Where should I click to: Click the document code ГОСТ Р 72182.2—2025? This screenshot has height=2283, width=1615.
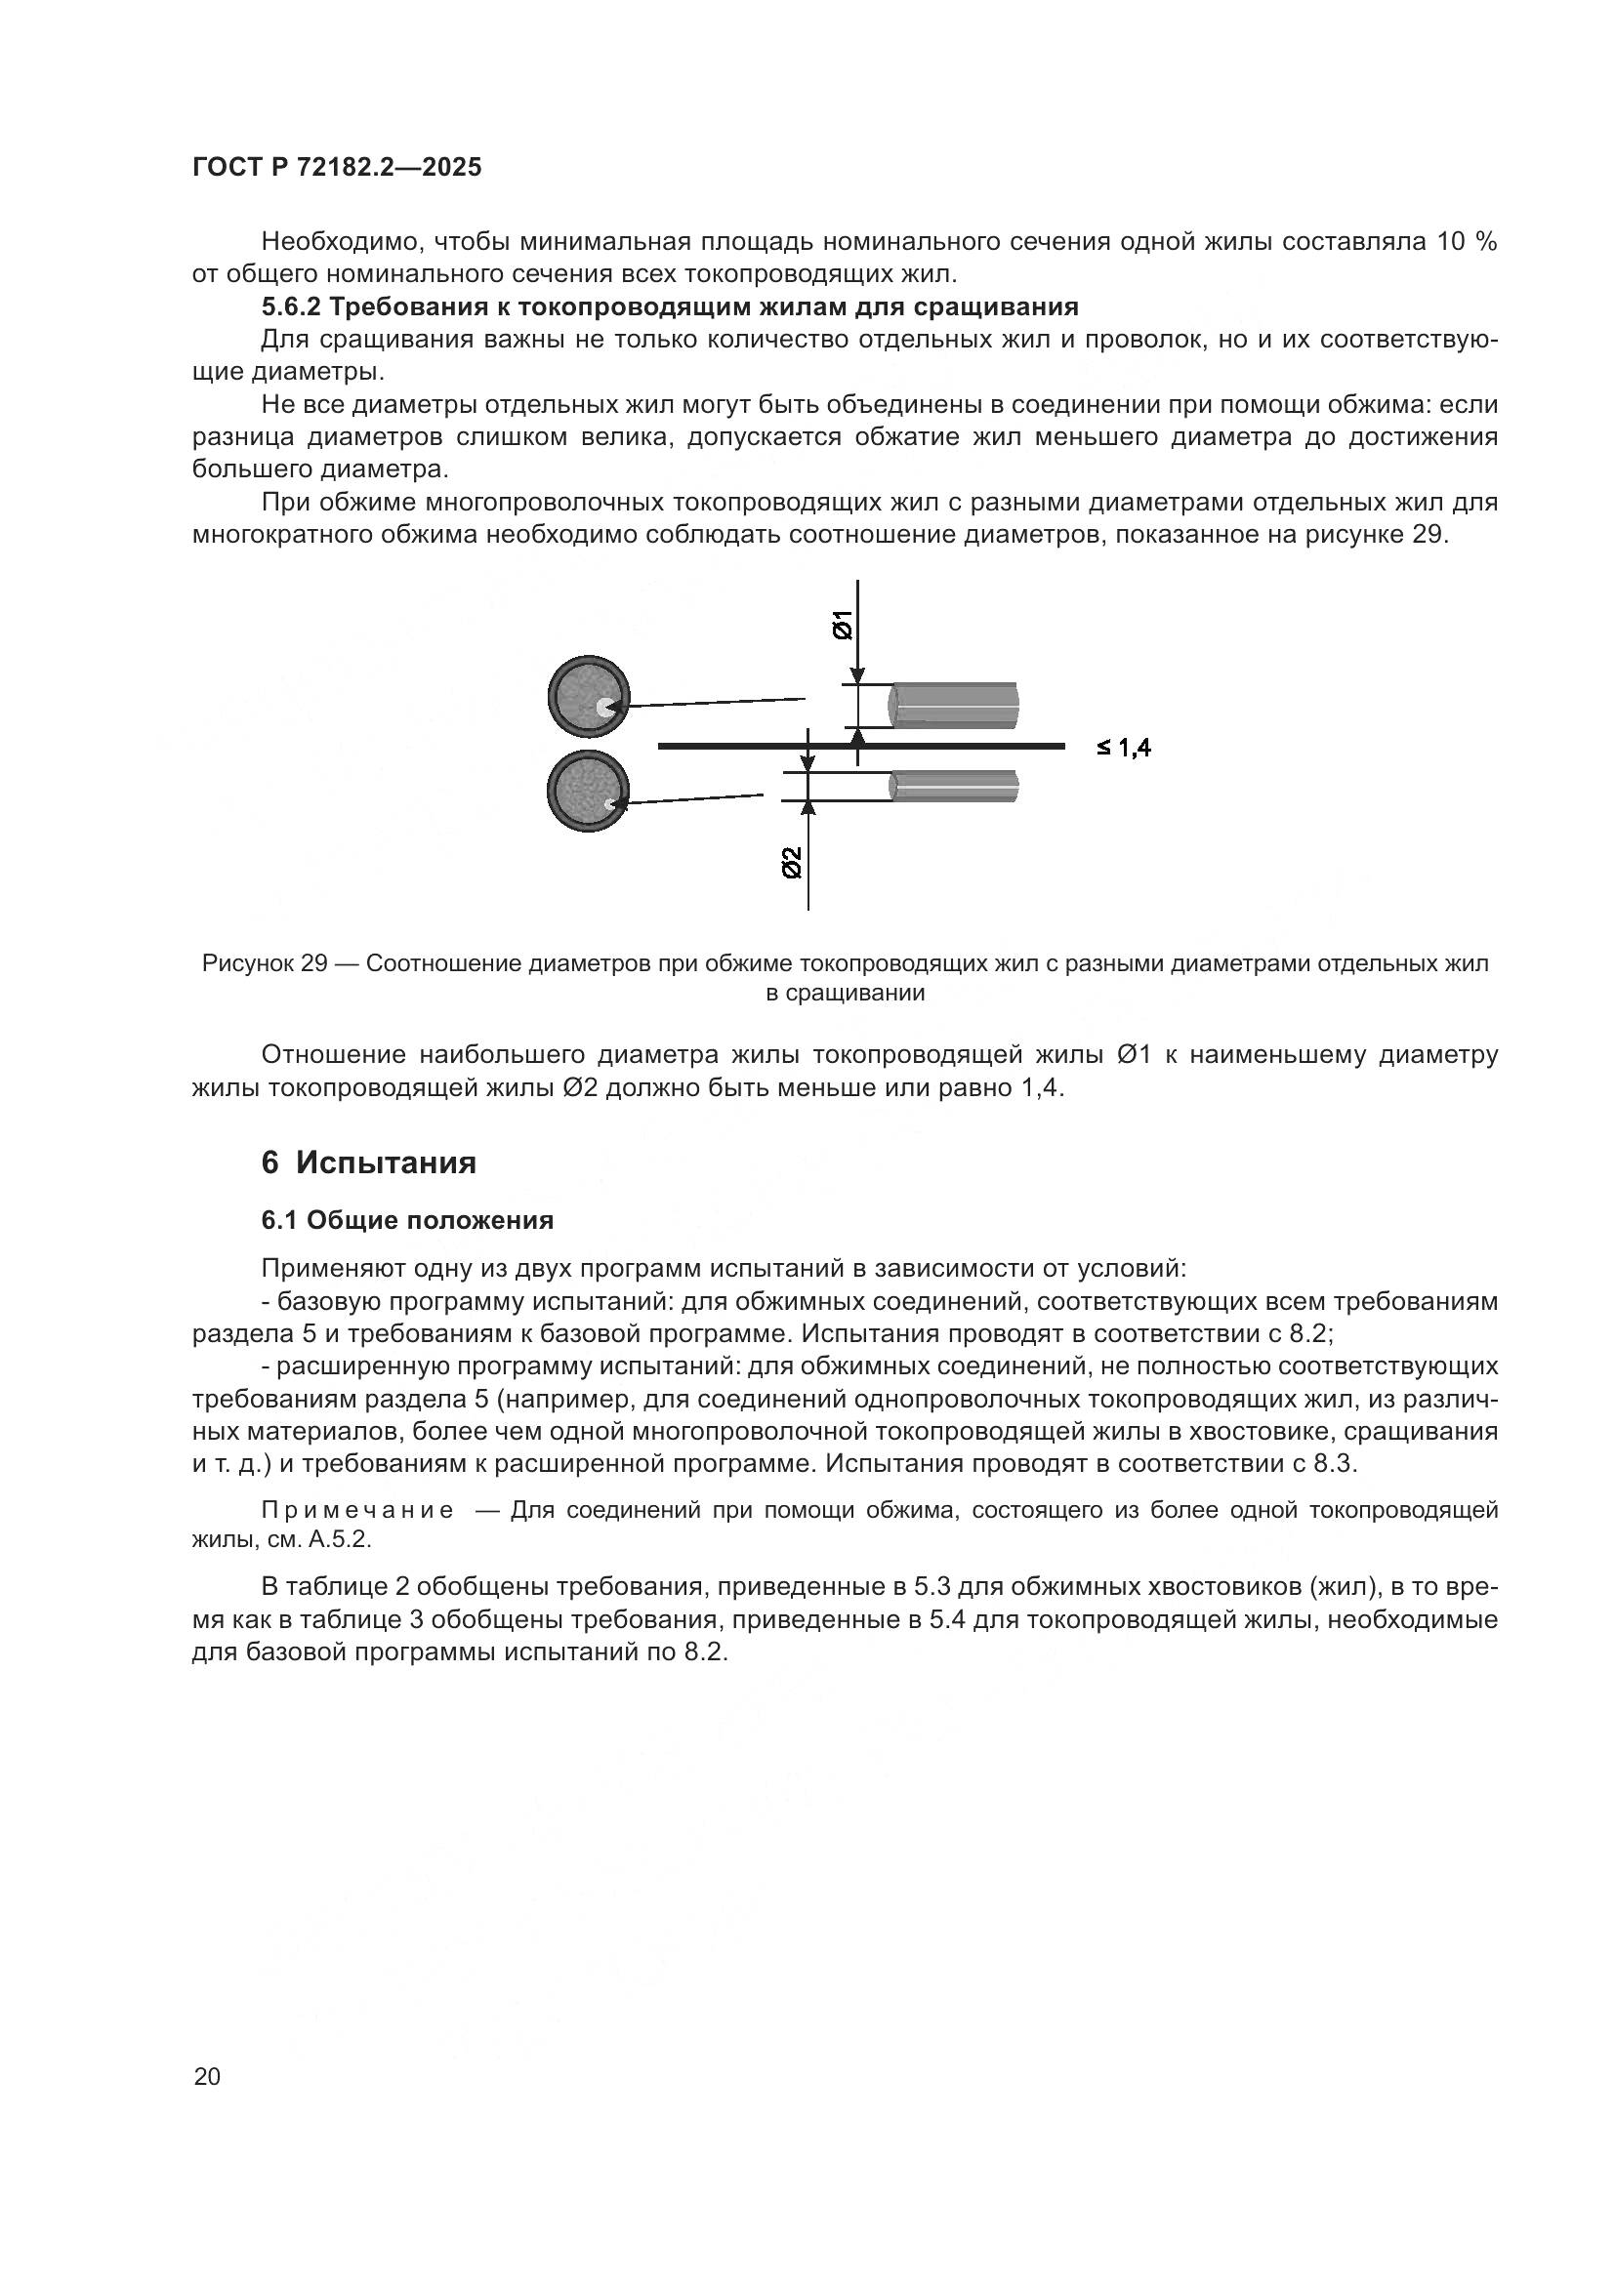tap(336, 167)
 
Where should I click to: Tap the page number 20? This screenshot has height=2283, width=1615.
tap(207, 2076)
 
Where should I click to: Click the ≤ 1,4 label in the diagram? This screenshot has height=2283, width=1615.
tap(1124, 748)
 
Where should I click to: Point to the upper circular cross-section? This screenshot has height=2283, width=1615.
tap(588, 696)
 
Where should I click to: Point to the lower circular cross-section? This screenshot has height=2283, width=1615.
tap(588, 791)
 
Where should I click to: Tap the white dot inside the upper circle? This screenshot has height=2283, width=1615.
tap(603, 707)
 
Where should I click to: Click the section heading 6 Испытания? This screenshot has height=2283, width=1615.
tap(369, 1162)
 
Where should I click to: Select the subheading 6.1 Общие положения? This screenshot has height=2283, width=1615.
tap(407, 1220)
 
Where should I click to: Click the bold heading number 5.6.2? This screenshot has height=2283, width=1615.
tap(291, 306)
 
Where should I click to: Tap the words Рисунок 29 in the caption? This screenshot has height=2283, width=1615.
tap(265, 963)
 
